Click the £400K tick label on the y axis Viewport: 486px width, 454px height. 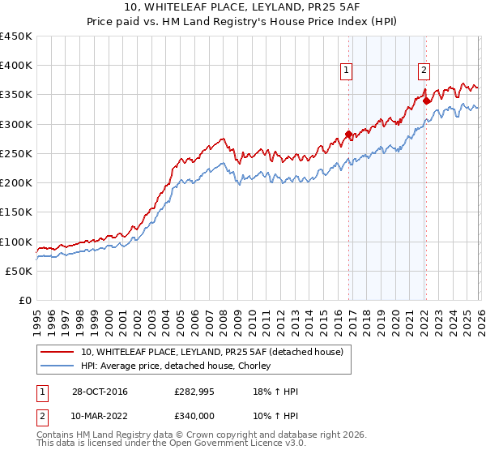pos(16,66)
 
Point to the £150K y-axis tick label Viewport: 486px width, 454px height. pos(16,212)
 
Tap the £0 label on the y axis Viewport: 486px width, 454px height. pos(23,301)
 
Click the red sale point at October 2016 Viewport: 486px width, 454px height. pos(348,135)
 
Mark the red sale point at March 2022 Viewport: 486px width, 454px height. pos(426,101)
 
